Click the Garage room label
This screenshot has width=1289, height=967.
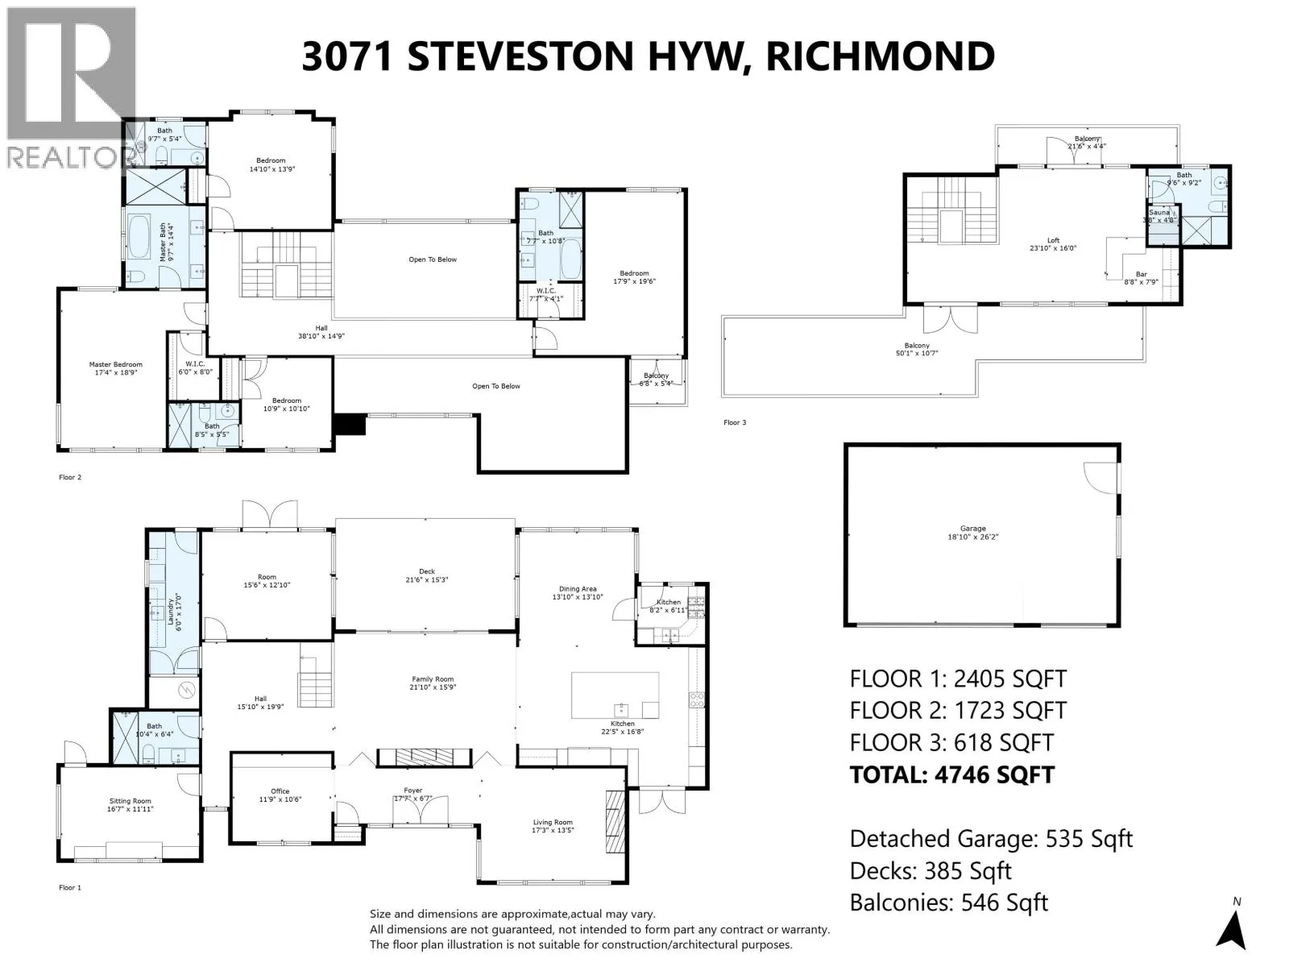point(972,529)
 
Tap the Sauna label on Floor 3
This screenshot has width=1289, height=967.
point(1158,213)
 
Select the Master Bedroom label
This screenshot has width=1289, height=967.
point(115,365)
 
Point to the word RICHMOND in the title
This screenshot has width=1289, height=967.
point(880,56)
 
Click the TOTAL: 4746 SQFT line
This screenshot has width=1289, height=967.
point(951,774)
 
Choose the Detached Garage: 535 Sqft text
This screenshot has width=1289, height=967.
point(991,839)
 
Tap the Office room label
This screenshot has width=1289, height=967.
point(280,791)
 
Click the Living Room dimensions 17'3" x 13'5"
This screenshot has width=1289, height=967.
point(553,831)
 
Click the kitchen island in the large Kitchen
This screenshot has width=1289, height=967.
point(615,695)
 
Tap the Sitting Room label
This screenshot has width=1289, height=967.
point(130,801)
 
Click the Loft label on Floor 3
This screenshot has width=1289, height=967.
point(1053,240)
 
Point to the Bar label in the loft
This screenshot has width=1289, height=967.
point(1141,274)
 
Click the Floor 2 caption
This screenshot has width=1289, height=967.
point(70,478)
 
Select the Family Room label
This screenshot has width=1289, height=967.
point(433,679)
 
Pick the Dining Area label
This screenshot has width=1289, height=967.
point(578,589)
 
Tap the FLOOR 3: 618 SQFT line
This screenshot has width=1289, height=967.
point(951,742)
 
